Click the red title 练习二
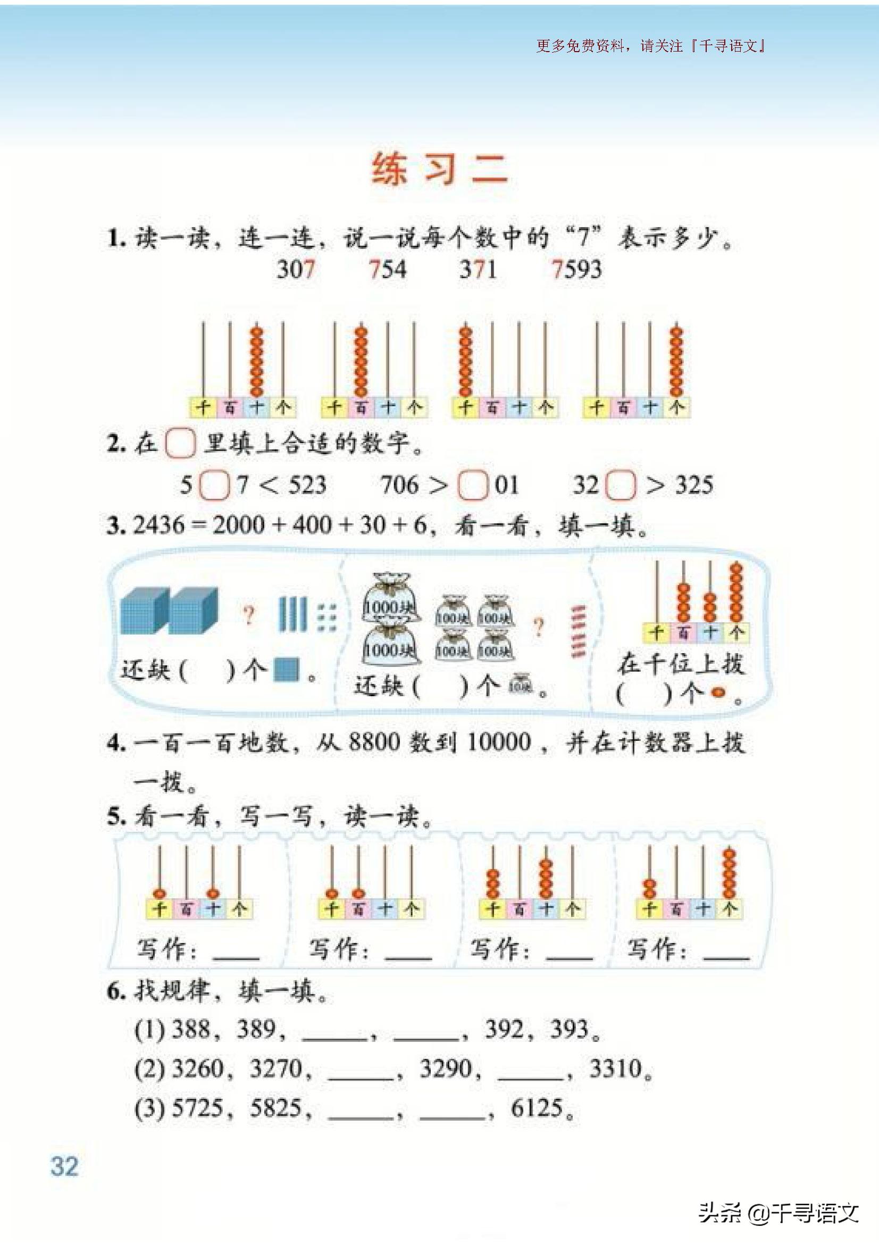tap(439, 170)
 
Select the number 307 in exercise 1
tap(296, 269)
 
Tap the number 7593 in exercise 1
tap(577, 269)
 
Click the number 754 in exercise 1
tap(388, 269)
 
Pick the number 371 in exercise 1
tap(478, 269)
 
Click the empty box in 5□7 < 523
tap(214, 486)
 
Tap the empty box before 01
tap(473, 486)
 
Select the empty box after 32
tap(620, 486)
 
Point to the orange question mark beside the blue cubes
tap(248, 616)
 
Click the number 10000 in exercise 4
tap(499, 742)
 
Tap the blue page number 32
tap(64, 1166)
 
